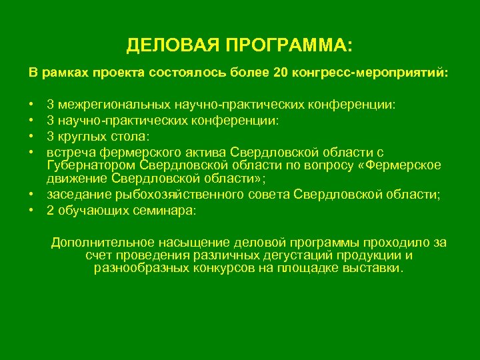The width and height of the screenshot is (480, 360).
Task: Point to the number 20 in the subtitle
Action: [x=280, y=71]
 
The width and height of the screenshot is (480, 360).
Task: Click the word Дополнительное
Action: [x=103, y=242]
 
